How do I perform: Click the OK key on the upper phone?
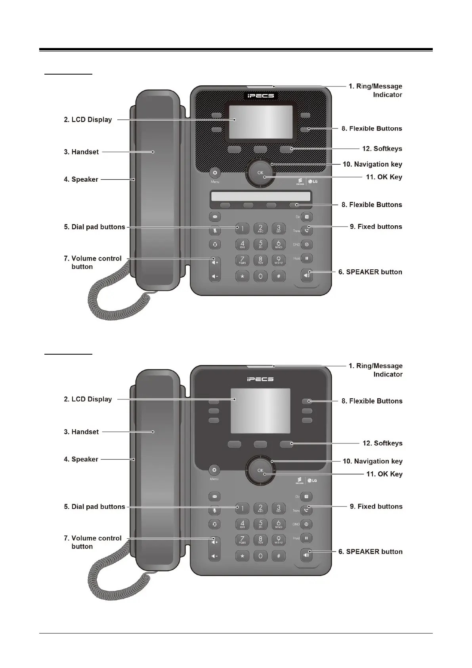tap(260, 173)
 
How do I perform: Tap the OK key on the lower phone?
tap(260, 470)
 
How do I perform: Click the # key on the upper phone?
tap(279, 276)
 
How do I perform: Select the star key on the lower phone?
tap(242, 556)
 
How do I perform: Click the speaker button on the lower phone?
tap(306, 555)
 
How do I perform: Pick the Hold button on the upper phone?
tap(307, 259)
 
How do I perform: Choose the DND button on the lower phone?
tap(307, 524)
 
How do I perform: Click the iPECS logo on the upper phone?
tap(260, 96)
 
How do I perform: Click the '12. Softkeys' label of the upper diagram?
tap(382, 149)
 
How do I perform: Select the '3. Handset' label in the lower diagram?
tap(81, 432)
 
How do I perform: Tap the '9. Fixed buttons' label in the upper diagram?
tap(376, 227)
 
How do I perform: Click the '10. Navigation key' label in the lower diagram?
tap(373, 461)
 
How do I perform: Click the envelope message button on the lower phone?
tap(215, 496)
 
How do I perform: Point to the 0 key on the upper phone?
tap(260, 276)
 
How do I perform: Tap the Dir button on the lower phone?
tap(307, 496)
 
